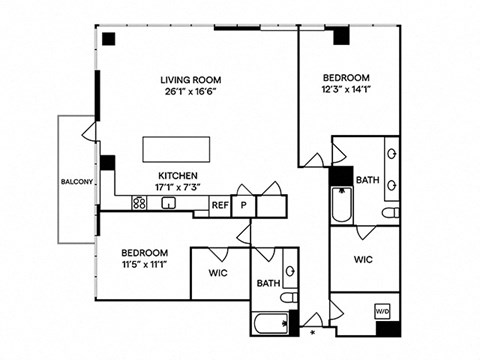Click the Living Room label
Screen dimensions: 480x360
click(191, 80)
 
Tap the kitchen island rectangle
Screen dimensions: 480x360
click(176, 149)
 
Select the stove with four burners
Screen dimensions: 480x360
click(139, 203)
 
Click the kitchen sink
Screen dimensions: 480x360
click(168, 203)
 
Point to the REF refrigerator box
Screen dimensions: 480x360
click(220, 205)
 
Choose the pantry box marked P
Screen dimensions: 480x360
click(244, 205)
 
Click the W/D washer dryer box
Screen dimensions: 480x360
click(382, 312)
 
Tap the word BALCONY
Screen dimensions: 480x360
click(77, 182)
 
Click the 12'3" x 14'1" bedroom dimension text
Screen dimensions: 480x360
click(346, 89)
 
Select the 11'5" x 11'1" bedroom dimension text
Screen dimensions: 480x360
click(144, 265)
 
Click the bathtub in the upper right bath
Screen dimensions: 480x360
click(342, 205)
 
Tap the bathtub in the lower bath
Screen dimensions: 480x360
click(271, 324)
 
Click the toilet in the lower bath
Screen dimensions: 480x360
click(289, 297)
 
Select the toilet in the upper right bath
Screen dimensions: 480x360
click(390, 212)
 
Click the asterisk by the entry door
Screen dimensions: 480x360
click(313, 332)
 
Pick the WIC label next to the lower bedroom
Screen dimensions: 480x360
click(218, 273)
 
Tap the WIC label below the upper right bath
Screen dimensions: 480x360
click(363, 259)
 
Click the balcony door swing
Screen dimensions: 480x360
click(89, 132)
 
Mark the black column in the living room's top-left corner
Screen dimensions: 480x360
click(109, 39)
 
